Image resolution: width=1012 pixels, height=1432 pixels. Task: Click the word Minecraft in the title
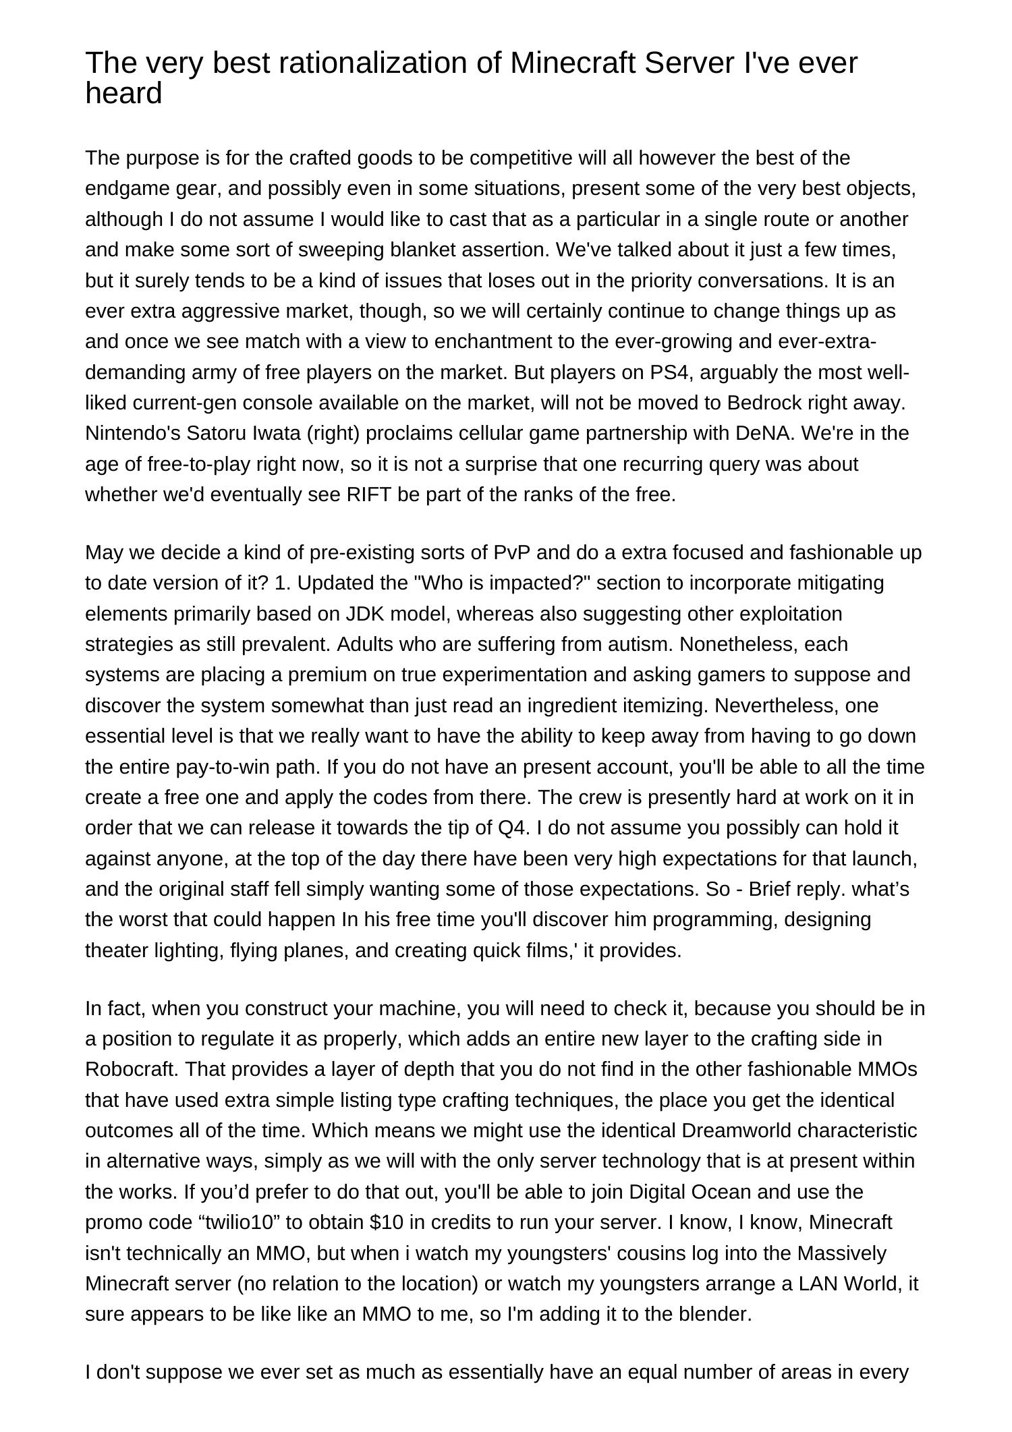coord(572,63)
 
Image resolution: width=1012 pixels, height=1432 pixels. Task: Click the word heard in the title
coord(123,93)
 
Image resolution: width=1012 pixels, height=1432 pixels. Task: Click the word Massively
coord(841,1253)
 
